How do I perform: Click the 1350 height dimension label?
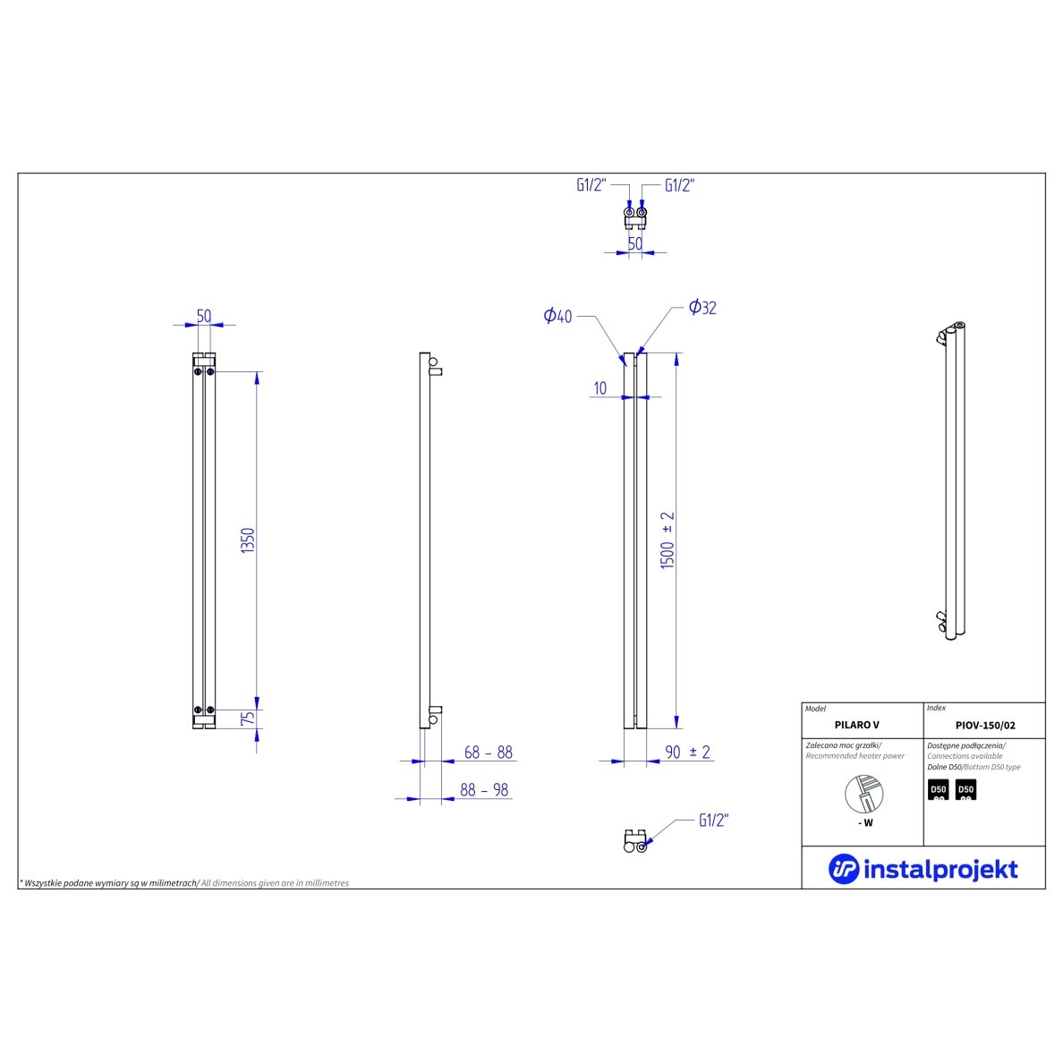248,540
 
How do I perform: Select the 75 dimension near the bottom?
248,718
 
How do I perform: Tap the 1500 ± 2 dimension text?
668,540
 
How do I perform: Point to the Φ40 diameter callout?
558,316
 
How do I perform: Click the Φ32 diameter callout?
702,307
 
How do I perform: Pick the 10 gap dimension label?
600,387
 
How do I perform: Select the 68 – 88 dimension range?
489,752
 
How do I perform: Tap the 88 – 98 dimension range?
484,790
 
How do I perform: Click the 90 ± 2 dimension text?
687,752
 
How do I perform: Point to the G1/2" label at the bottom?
713,820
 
